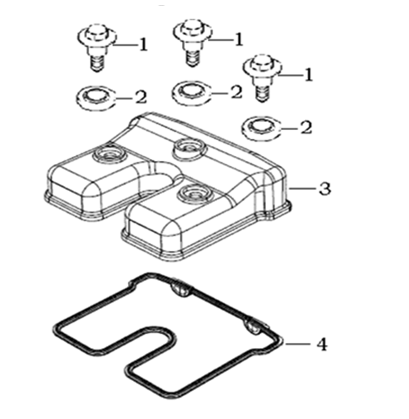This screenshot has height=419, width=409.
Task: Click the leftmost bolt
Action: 97,47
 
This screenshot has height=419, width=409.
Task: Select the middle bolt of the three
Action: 193,42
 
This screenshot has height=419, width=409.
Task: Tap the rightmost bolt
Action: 262,78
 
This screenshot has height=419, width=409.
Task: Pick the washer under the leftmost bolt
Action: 96,98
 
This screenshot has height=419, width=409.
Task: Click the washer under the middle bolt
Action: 192,93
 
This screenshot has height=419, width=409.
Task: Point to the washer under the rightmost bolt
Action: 262,129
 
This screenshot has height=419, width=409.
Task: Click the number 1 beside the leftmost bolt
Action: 144,45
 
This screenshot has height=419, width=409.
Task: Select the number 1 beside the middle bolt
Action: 239,40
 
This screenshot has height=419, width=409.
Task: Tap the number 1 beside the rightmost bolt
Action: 308,75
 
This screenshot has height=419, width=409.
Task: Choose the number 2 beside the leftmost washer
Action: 142,97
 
